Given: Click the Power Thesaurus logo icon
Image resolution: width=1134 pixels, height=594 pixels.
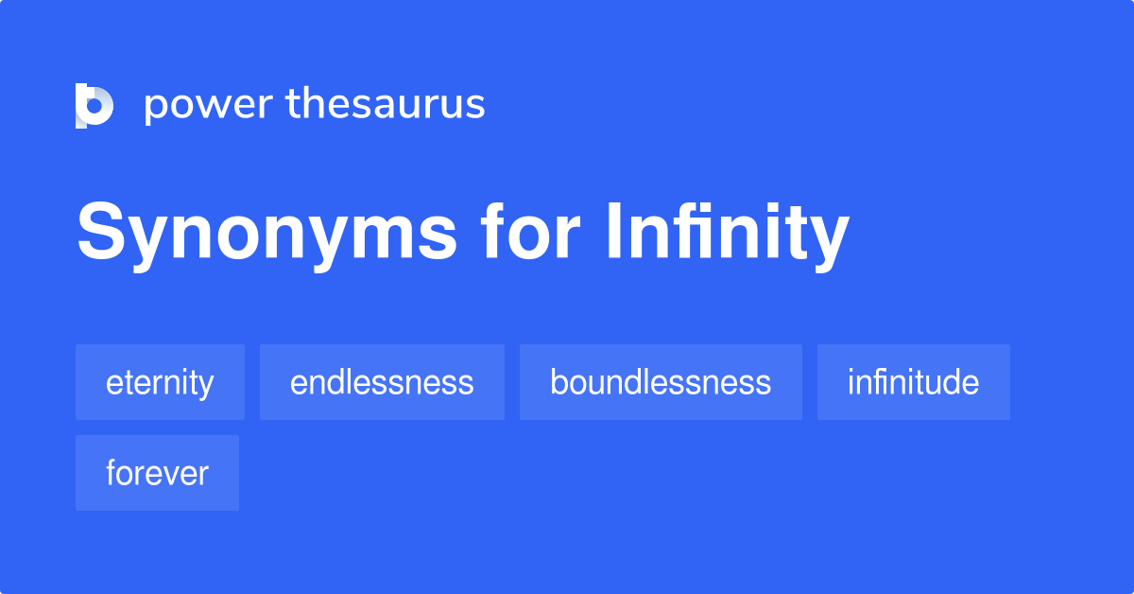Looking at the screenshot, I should (x=94, y=105).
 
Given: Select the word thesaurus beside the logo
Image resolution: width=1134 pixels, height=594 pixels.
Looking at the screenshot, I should (x=386, y=104).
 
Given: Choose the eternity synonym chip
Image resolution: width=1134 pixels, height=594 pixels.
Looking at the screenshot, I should (x=160, y=382).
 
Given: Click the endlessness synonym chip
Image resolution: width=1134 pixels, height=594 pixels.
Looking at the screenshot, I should (x=382, y=382).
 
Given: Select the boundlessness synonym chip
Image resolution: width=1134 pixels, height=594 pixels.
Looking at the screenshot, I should (x=661, y=382).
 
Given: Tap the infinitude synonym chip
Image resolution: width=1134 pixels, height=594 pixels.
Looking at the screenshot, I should (x=913, y=382).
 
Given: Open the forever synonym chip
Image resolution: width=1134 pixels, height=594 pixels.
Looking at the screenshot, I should (x=157, y=473).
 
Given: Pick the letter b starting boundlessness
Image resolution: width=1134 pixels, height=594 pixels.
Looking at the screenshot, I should (x=558, y=382).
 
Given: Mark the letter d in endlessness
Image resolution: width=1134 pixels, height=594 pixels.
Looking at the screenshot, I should (x=338, y=382).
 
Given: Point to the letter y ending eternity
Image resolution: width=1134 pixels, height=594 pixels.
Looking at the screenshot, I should (x=206, y=386).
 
